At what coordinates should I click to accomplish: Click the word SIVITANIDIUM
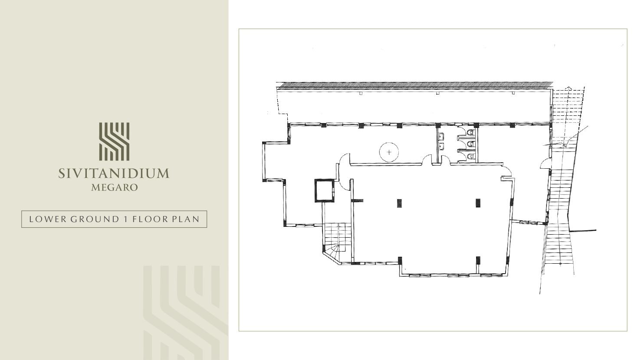pyautogui.click(x=114, y=173)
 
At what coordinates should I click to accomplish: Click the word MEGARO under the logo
pyautogui.click(x=115, y=187)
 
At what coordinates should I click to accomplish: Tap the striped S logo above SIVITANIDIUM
pyautogui.click(x=114, y=141)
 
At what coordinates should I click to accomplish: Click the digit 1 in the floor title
pyautogui.click(x=125, y=219)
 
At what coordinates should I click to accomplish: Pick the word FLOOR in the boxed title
pyautogui.click(x=150, y=219)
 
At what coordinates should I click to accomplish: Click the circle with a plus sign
pyautogui.click(x=389, y=152)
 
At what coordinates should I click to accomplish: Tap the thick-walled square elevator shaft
pyautogui.click(x=325, y=190)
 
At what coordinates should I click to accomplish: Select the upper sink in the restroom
pyautogui.click(x=441, y=137)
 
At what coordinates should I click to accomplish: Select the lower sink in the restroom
pyautogui.click(x=441, y=146)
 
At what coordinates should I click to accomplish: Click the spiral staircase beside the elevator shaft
pyautogui.click(x=337, y=242)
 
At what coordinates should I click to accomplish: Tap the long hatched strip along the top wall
pyautogui.click(x=414, y=85)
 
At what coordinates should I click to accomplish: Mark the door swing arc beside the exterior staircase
pyautogui.click(x=545, y=164)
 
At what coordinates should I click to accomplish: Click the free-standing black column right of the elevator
pyautogui.click(x=399, y=203)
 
